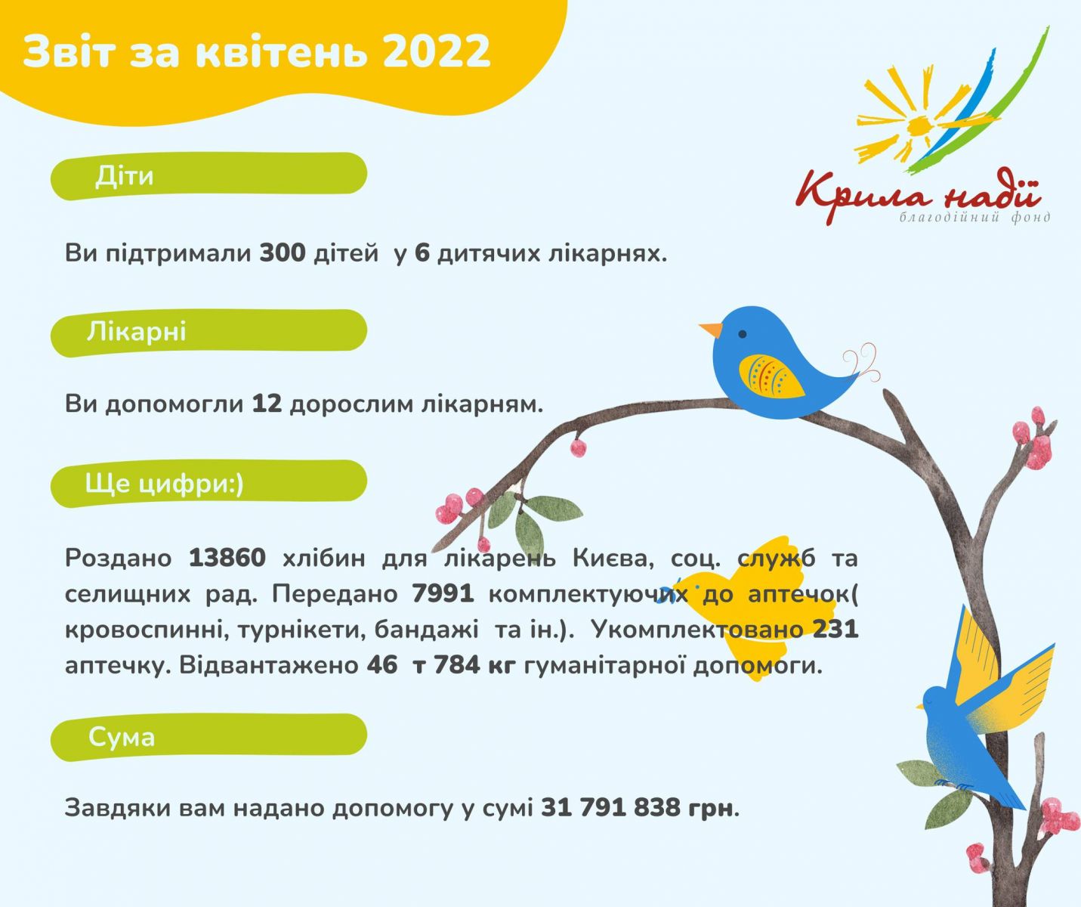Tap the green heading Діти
pyautogui.click(x=124, y=175)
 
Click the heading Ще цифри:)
pyautogui.click(x=164, y=484)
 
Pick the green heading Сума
pyautogui.click(x=121, y=737)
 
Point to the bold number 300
pyautogui.click(x=283, y=253)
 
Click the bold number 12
pyautogui.click(x=267, y=404)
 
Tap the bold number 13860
pyautogui.click(x=227, y=558)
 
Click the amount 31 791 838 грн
pyautogui.click(x=638, y=807)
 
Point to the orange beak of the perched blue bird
pyautogui.click(x=711, y=330)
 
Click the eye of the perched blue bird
pyautogui.click(x=743, y=334)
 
